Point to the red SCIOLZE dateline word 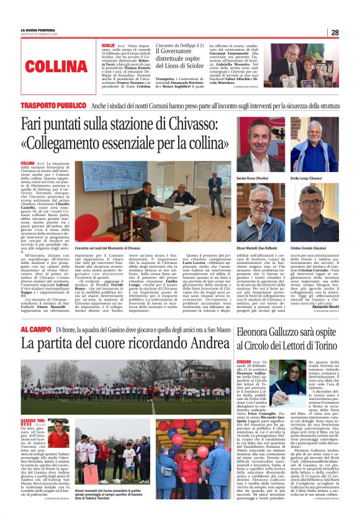click(x=108, y=46)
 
